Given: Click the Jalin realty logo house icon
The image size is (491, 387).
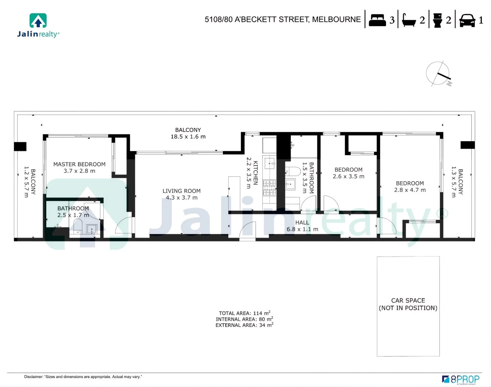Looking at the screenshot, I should [38, 21].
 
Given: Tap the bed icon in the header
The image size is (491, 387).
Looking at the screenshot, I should [377, 20].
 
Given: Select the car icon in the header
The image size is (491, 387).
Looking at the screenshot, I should [467, 20].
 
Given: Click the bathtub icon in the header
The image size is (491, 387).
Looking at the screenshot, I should [408, 20].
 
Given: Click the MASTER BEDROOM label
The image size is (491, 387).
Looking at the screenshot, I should [79, 164].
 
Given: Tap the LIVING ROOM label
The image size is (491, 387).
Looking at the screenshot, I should [181, 191].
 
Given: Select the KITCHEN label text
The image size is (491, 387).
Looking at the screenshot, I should [256, 173].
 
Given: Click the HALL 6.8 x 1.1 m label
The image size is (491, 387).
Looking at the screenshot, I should [302, 226].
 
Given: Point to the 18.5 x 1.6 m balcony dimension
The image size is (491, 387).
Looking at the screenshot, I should [188, 137].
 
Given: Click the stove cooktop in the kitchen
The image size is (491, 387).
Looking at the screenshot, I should [269, 187].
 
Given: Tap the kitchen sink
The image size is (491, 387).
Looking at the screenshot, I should [270, 163].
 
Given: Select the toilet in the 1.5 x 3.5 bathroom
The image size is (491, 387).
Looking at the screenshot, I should [293, 171].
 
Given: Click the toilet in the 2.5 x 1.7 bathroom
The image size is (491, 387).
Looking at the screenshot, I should [78, 226].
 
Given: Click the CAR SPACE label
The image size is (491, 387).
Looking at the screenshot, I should [408, 301].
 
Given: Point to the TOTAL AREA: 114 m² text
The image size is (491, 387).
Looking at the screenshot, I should [244, 313].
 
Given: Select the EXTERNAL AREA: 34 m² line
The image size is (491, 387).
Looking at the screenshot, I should [244, 325].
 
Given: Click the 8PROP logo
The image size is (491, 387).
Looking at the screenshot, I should [461, 379].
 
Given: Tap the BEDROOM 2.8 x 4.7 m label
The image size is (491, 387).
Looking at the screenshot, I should [410, 187].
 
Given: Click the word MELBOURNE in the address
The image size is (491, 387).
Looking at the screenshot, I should [336, 19].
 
